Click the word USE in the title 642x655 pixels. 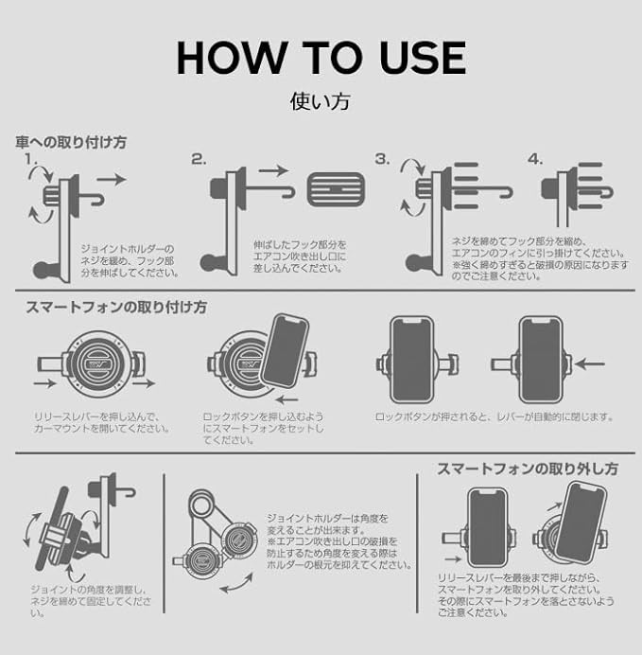[423, 58]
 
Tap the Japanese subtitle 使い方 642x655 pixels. [321, 101]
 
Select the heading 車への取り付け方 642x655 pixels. [71, 142]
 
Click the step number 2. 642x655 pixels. [199, 159]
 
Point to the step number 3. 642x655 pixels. [382, 159]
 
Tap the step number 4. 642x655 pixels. [535, 159]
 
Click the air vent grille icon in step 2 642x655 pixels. [336, 189]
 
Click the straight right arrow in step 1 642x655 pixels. [112, 180]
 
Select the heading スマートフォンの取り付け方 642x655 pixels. [116, 308]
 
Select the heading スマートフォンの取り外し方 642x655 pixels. [528, 469]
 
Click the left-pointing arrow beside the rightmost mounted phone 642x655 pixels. [589, 364]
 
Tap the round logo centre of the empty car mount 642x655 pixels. [99, 363]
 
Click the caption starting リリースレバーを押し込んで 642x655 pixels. [101, 422]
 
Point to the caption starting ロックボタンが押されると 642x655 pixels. [494, 416]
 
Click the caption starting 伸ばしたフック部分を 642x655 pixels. [300, 257]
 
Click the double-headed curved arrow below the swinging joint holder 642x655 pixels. [236, 584]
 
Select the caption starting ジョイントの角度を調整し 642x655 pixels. [91, 602]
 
